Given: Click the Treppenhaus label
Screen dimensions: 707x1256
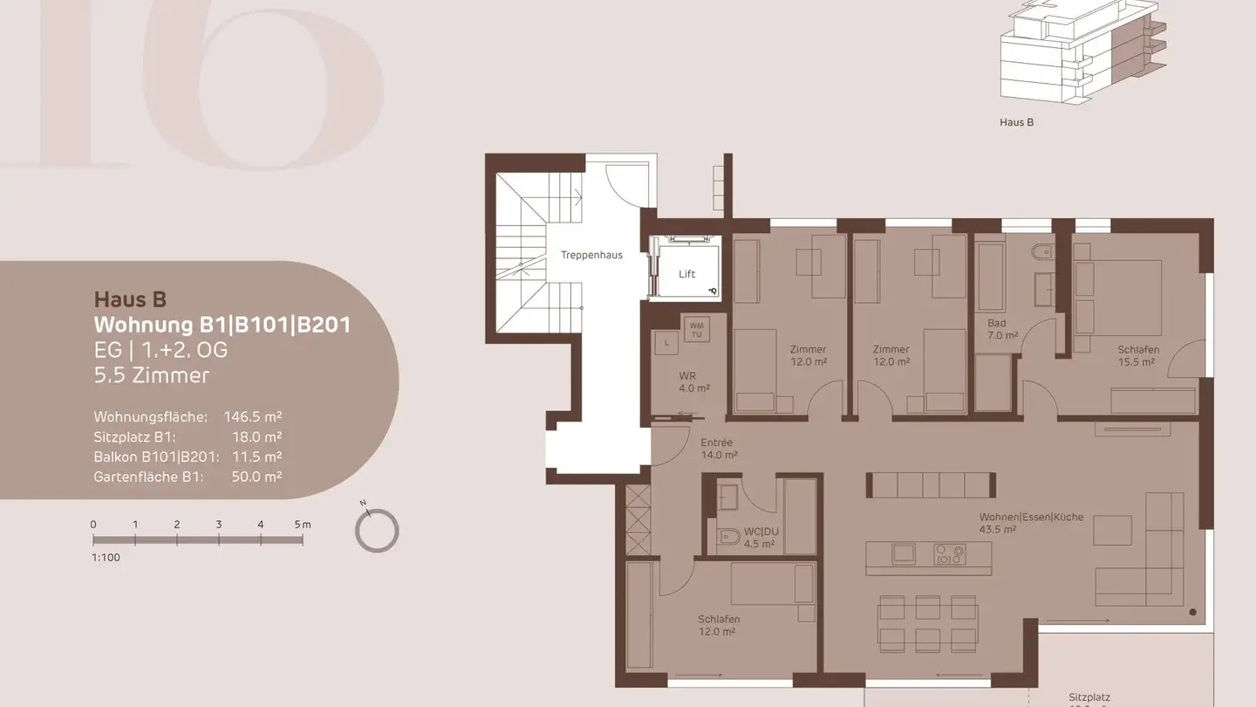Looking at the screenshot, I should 591,255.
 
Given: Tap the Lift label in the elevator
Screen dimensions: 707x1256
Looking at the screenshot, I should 687,274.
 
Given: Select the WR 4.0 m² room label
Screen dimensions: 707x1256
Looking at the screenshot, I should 694,382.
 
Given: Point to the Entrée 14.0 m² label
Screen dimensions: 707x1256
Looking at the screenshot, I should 719,449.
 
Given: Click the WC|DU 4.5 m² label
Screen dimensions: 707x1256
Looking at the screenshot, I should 759,537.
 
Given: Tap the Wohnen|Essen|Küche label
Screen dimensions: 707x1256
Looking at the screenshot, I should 1031,522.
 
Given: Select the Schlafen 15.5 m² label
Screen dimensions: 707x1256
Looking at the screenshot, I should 1138,355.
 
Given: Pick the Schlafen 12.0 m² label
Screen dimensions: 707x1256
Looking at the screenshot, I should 719,625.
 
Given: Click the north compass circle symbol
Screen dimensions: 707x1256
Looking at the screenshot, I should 378,531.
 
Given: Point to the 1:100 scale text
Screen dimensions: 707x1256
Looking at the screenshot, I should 106,557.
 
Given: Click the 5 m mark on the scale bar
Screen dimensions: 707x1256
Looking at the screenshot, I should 302,525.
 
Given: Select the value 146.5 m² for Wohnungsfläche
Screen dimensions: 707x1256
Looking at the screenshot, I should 253,417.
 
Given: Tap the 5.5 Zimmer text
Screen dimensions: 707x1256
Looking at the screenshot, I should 152,375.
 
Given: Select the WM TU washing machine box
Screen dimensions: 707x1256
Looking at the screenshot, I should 696,329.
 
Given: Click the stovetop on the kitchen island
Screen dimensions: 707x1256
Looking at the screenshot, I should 950,553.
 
